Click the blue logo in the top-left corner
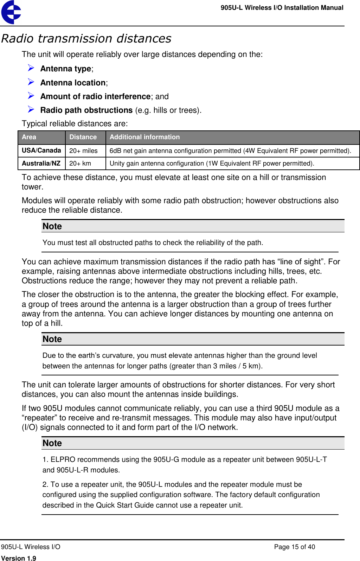pos(11,12)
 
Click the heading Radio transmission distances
pos(86,38)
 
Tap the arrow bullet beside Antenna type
pos(31,68)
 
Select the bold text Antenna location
pos(73,83)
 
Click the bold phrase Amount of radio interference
pos(95,96)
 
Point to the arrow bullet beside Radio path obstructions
pos(31,109)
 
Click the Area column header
pos(29,137)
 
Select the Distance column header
pos(83,137)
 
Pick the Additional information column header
pos(144,137)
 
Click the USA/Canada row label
pos(41,150)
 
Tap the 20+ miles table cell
pos(83,151)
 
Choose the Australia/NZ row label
pos(41,163)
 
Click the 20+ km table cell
pos(80,163)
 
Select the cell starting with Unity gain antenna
pos(212,163)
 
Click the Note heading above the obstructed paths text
pos(52,226)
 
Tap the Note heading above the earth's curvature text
pos(52,339)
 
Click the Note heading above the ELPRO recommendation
pos(52,443)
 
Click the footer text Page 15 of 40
pos(294,547)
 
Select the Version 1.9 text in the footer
pos(19,558)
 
